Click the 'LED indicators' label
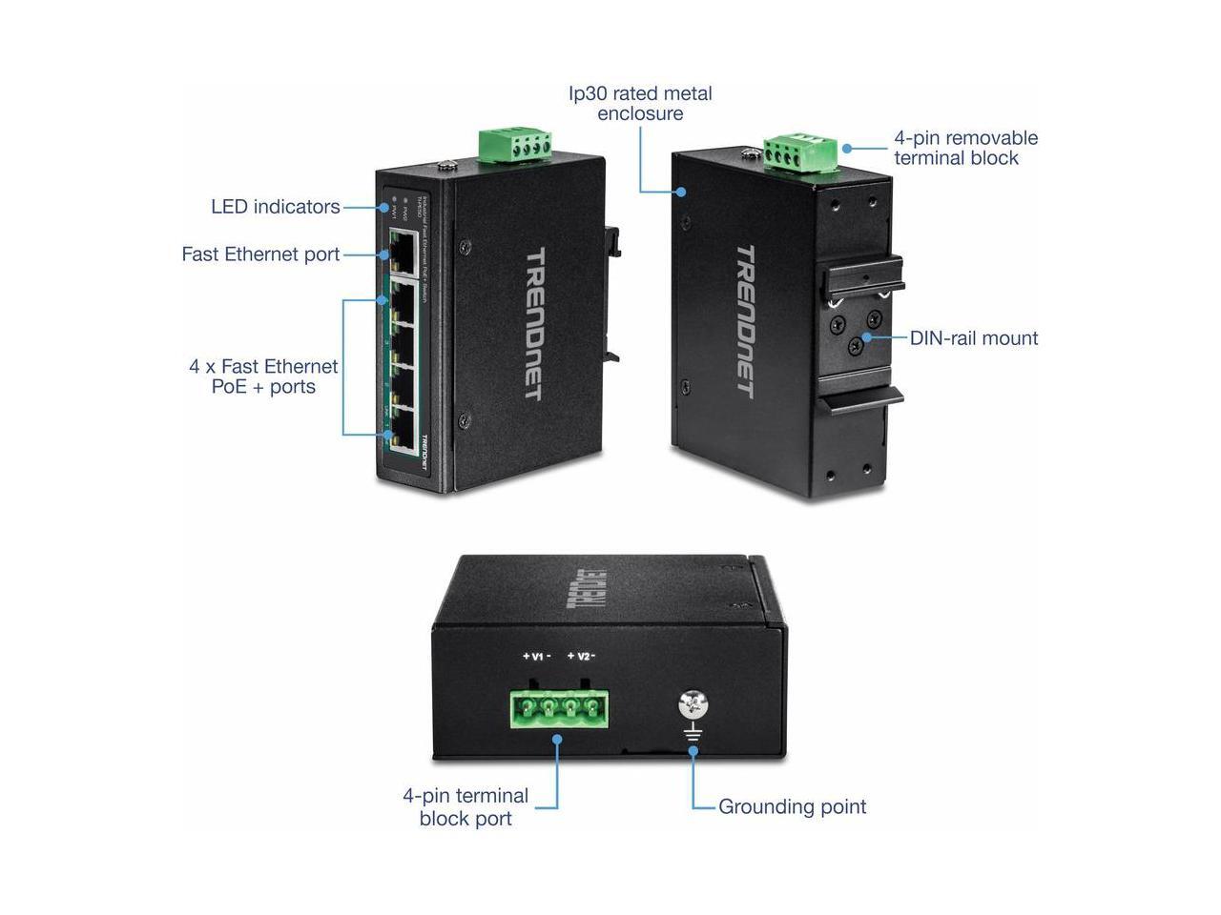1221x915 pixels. pyautogui.click(x=275, y=207)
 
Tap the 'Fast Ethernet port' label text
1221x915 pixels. pyautogui.click(x=260, y=254)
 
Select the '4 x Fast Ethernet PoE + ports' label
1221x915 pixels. pyautogui.click(x=263, y=376)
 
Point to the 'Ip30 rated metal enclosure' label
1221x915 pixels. pyautogui.click(x=640, y=104)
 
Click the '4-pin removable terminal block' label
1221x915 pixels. pyautogui.click(x=965, y=148)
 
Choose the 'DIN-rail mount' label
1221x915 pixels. pyautogui.click(x=973, y=338)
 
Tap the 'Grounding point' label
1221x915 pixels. pyautogui.click(x=792, y=807)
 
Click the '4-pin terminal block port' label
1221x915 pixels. pyautogui.click(x=466, y=807)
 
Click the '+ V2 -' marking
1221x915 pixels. pyautogui.click(x=581, y=657)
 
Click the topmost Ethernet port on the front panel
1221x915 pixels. pyautogui.click(x=400, y=251)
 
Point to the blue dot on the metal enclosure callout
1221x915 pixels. pyautogui.click(x=683, y=192)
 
